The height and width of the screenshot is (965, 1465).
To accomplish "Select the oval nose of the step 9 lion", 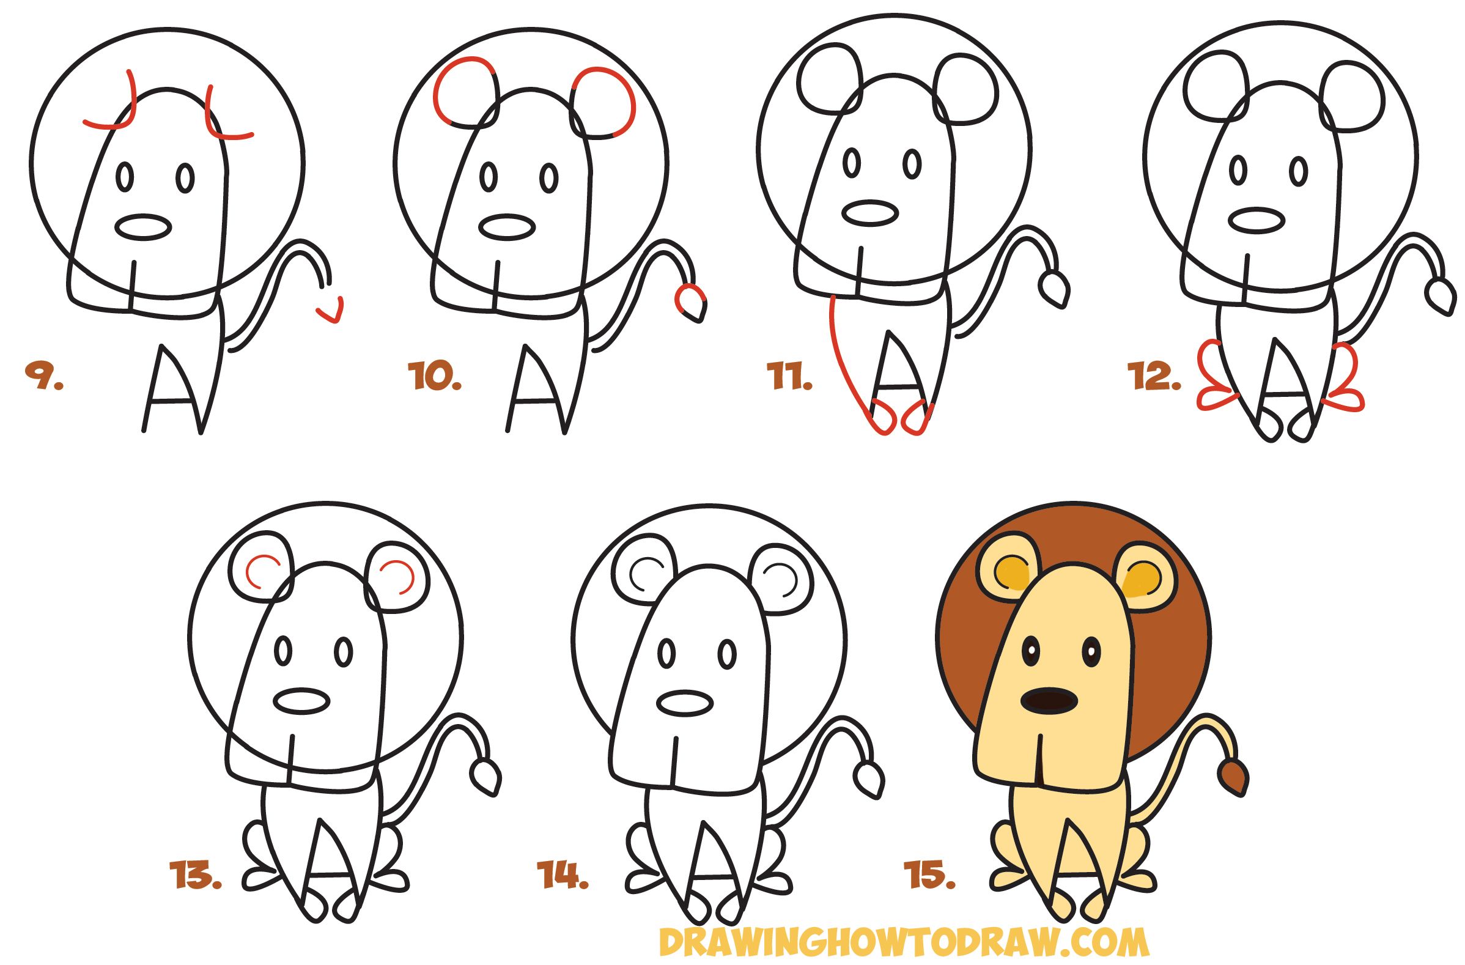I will click(144, 227).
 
